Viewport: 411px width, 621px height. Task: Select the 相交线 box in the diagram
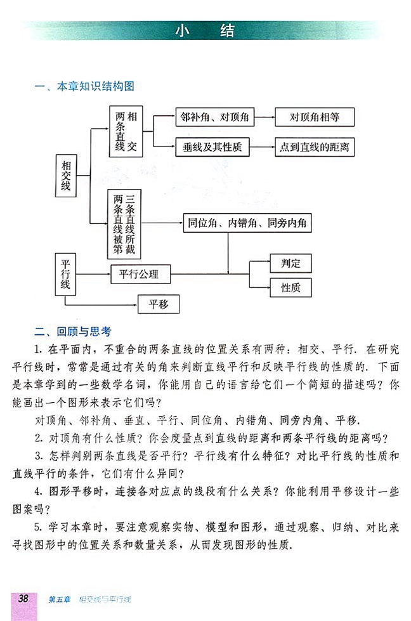(65, 174)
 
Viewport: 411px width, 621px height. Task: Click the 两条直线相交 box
(126, 131)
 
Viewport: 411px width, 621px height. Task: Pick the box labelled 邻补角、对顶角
(214, 117)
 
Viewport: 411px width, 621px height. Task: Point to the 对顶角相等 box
(314, 117)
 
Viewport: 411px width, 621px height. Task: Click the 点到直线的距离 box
(314, 147)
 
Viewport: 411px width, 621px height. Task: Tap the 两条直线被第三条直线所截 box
(124, 223)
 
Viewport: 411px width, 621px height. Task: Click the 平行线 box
(65, 273)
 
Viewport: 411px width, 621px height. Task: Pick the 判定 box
(290, 262)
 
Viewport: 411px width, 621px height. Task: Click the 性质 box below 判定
(290, 288)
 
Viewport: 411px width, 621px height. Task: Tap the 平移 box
(159, 304)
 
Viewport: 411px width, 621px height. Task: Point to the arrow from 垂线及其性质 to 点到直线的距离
(262, 147)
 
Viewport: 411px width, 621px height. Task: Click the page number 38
(24, 599)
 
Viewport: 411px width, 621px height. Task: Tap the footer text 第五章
(60, 599)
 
